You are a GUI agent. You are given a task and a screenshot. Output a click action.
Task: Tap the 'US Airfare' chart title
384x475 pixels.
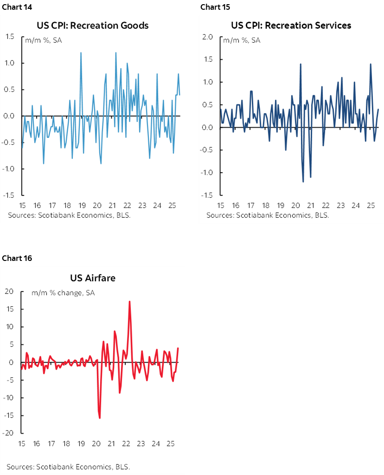point(93,278)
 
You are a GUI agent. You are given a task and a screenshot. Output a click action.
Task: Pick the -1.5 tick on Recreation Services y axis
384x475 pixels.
point(207,195)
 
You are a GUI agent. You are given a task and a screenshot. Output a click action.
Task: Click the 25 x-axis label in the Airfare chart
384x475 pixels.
point(170,443)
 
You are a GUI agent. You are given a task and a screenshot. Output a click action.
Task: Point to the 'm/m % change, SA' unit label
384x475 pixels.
point(63,293)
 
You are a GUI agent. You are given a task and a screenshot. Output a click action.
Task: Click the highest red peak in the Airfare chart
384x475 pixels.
point(129,301)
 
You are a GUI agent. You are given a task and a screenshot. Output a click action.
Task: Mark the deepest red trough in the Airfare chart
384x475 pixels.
point(100,418)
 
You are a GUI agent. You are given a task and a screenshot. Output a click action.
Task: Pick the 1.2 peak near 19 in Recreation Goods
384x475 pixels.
point(81,52)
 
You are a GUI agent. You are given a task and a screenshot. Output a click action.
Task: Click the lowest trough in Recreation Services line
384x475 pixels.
point(303,182)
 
